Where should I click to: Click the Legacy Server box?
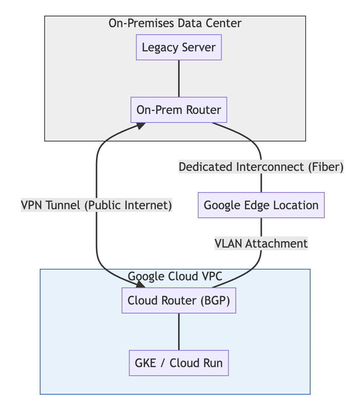coord(179,47)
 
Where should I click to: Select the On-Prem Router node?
coord(179,110)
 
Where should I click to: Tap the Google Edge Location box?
coord(261,205)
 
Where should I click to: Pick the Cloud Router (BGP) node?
coord(179,300)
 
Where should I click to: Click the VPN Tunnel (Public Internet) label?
coord(97,205)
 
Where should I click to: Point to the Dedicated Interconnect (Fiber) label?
coord(261,167)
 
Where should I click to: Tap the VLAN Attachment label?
coord(261,243)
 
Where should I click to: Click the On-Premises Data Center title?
coord(175,23)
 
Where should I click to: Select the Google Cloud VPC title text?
coord(175,276)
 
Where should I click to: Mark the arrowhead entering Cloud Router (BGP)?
coord(140,284)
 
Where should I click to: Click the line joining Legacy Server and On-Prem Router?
coord(179,78)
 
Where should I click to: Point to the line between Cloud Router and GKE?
coord(179,331)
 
